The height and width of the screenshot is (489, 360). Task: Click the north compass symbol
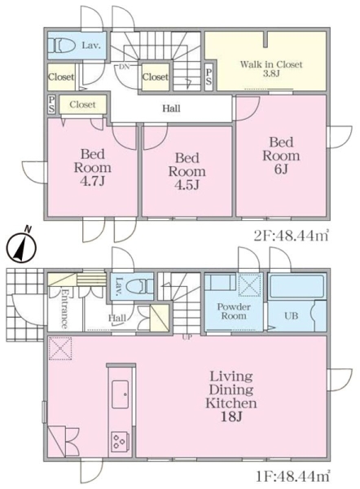click(21, 247)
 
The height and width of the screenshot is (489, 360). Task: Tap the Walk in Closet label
click(271, 68)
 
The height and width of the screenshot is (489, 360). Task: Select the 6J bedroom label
click(281, 156)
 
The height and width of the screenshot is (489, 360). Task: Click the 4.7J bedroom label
click(92, 167)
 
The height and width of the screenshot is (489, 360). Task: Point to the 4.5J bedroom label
click(187, 171)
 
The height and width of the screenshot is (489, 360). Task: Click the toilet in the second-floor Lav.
click(62, 46)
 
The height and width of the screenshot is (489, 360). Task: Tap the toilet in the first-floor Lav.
click(140, 286)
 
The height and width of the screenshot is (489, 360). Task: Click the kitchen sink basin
click(120, 394)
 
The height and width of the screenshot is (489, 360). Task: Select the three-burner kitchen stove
click(120, 440)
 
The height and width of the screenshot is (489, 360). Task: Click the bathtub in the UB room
click(296, 286)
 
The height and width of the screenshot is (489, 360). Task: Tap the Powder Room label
click(234, 311)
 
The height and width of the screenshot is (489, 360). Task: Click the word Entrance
click(64, 309)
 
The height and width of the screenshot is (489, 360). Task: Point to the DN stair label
click(125, 67)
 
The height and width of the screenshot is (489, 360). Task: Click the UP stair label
click(187, 337)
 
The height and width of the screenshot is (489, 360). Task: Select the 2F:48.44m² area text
click(291, 236)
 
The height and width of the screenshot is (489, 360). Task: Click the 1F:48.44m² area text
click(292, 476)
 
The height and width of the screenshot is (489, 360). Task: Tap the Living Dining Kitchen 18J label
click(231, 396)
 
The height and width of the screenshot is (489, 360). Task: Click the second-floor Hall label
click(171, 108)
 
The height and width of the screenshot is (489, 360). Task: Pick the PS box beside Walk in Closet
click(209, 77)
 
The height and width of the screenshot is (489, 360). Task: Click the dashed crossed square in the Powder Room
click(249, 285)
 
